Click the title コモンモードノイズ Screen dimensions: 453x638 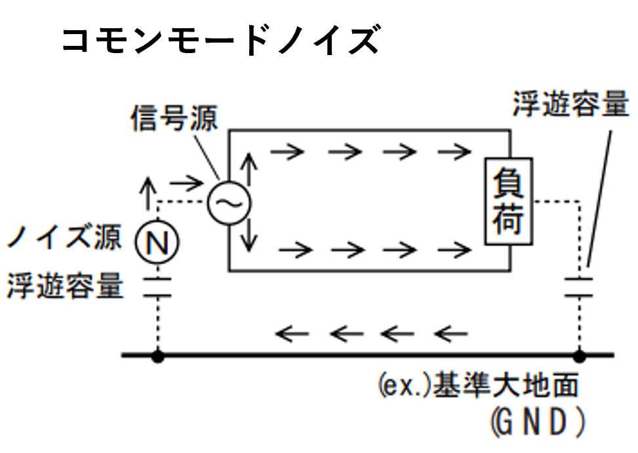click(220, 40)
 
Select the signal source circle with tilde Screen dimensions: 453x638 click(229, 204)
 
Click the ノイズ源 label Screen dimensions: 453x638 click(64, 237)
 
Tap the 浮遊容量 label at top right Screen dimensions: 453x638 click(570, 104)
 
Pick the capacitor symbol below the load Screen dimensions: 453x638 click(579, 287)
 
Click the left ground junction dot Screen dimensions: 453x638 click(157, 356)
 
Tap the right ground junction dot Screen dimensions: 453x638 click(579, 356)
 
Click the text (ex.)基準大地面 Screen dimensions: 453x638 click(478, 386)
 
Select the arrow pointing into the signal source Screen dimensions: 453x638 click(186, 182)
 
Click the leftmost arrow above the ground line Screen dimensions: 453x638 click(291, 334)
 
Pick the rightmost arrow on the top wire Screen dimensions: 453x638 click(454, 152)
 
